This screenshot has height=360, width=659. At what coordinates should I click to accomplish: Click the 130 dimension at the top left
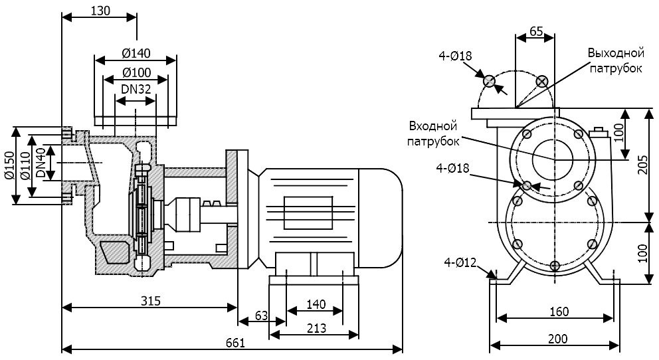(x=98, y=10)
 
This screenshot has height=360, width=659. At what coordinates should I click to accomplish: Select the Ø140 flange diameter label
(x=136, y=54)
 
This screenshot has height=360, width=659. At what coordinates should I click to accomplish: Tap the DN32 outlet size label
(x=136, y=88)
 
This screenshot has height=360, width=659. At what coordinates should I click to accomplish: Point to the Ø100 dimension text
(x=136, y=72)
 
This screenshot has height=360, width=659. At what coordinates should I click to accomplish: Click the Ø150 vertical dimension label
(x=9, y=166)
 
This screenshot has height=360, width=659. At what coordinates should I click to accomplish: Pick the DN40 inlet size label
(x=41, y=163)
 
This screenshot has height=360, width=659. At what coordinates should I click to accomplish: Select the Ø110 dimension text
(x=25, y=165)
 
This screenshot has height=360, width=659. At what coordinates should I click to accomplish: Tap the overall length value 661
(x=235, y=343)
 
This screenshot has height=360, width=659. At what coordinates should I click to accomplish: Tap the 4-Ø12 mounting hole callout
(x=461, y=262)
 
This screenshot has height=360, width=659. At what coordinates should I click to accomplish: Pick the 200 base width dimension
(x=557, y=339)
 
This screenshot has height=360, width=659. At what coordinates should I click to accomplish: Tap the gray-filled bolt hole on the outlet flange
(x=489, y=81)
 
